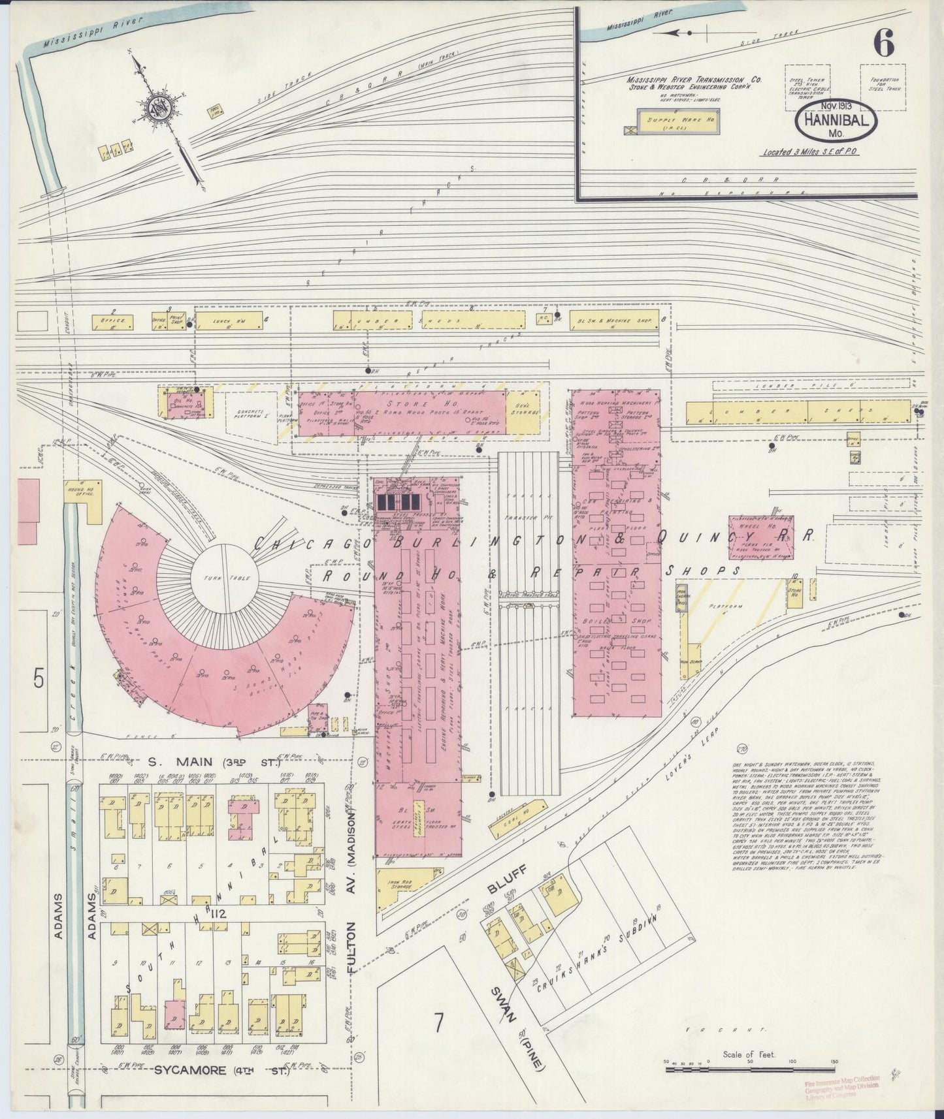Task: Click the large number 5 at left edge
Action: coord(38,680)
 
